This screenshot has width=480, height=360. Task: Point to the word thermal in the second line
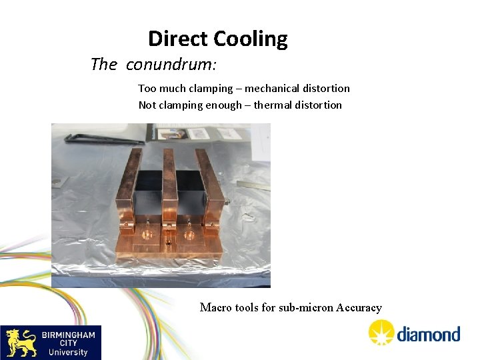click(x=272, y=105)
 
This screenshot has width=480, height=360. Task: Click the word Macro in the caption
click(x=215, y=307)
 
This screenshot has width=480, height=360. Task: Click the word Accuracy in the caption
click(x=359, y=307)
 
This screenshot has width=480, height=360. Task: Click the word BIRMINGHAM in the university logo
click(x=68, y=335)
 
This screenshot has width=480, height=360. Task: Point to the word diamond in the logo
click(x=428, y=333)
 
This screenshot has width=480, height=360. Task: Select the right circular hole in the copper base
click(x=189, y=234)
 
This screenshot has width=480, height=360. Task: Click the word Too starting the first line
click(x=147, y=88)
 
